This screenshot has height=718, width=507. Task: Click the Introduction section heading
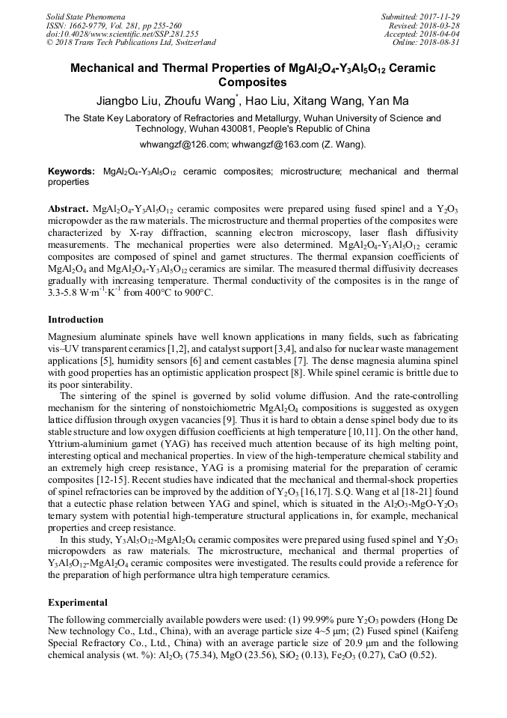(x=76, y=320)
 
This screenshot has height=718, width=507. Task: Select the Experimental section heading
(x=78, y=602)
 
